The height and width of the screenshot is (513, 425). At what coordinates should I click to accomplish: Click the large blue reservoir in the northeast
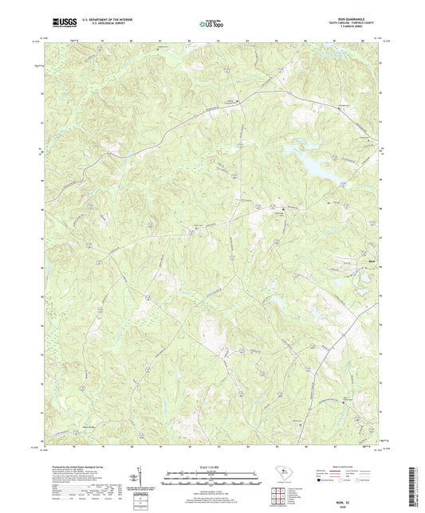[319, 163]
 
